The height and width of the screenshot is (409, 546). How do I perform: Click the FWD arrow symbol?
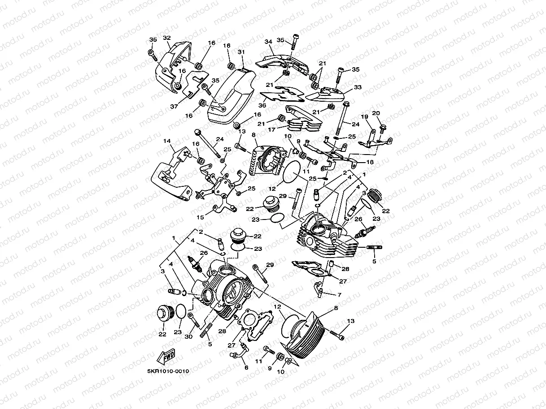point(166,357)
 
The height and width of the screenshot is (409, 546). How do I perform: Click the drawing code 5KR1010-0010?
point(167,371)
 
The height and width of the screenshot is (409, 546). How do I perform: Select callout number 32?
point(166,38)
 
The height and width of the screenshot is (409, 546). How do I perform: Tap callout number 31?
point(241,52)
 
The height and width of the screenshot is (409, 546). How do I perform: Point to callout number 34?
point(269,42)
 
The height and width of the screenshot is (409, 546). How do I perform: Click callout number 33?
point(357,87)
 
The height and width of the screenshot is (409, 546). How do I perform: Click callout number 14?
point(167,141)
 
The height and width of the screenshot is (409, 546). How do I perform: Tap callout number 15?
point(200,217)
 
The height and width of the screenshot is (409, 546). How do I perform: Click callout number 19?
point(364,116)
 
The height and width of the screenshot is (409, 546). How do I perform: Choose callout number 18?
point(370,163)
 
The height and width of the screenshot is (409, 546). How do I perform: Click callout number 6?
point(245,367)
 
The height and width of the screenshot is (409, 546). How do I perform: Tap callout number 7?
point(339,295)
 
